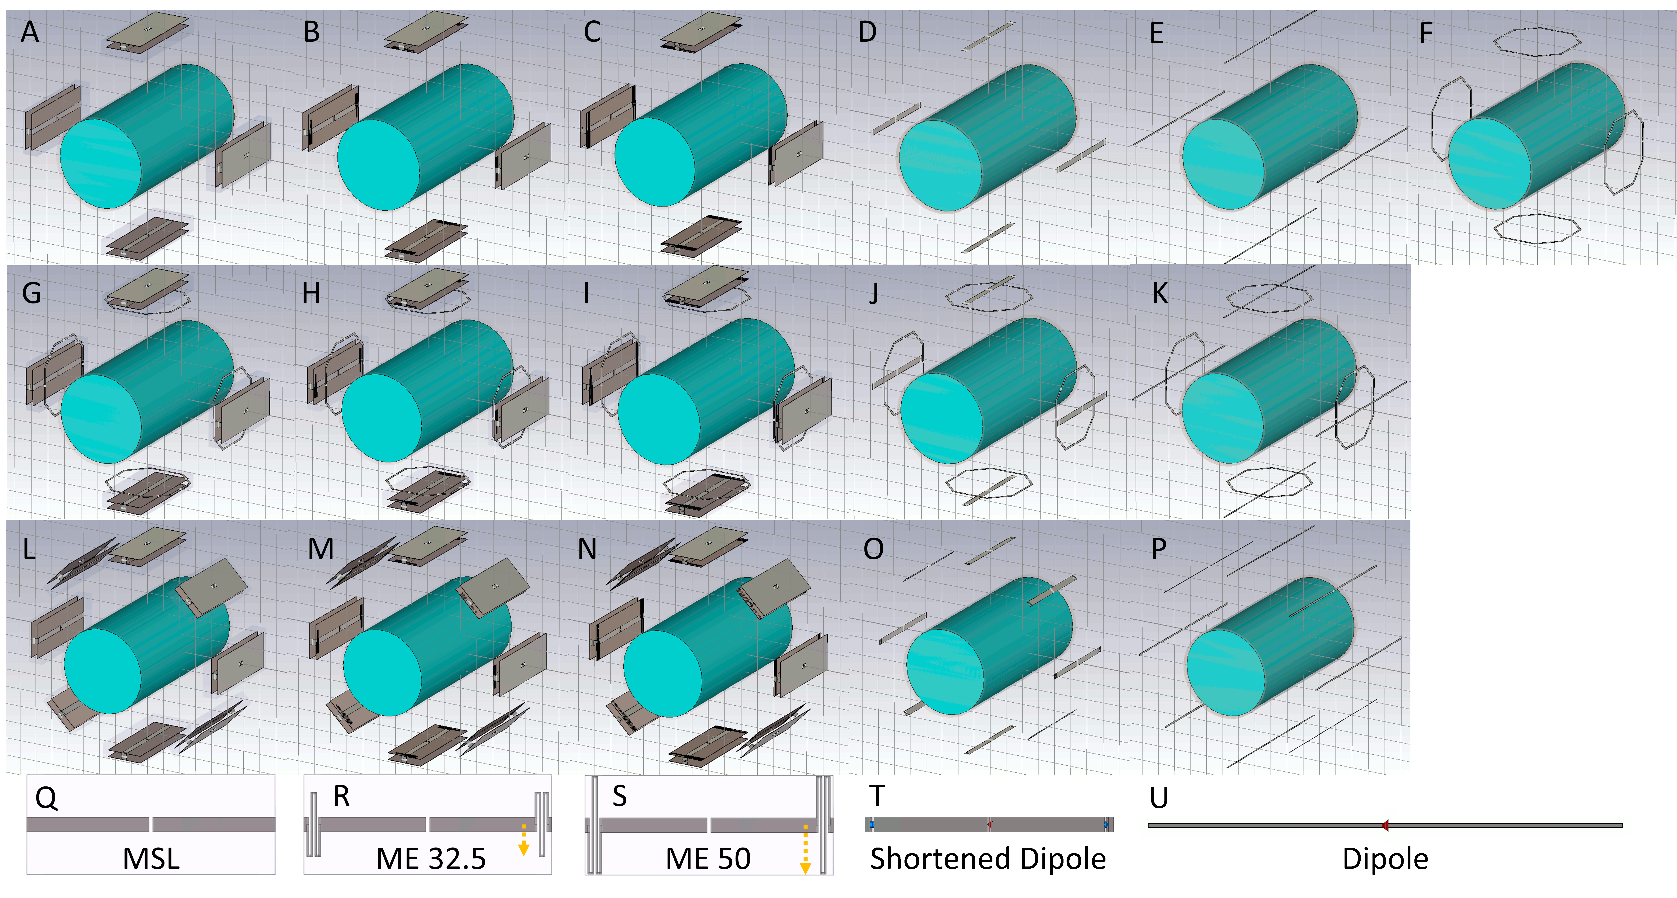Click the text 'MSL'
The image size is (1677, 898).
tap(151, 859)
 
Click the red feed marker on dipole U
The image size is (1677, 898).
tap(1385, 825)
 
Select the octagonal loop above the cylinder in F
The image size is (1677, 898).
tap(1536, 30)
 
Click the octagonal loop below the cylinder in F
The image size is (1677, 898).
tap(1536, 215)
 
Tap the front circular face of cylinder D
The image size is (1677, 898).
tap(940, 166)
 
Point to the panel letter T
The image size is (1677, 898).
tap(877, 796)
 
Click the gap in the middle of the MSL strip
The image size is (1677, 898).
tap(150, 825)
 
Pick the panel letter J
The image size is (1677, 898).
tap(874, 293)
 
